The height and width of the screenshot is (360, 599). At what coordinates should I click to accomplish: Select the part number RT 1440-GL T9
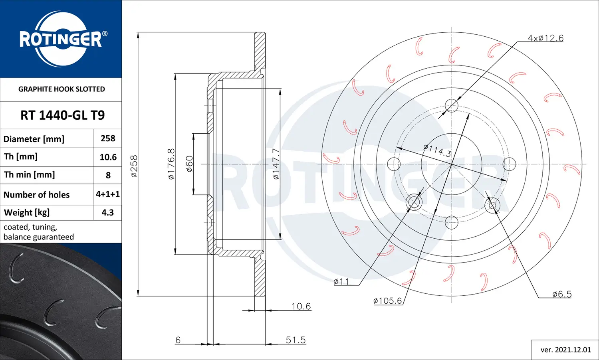(62, 115)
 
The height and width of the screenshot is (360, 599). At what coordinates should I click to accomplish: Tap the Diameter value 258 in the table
(108, 138)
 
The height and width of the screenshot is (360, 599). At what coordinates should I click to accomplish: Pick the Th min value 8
(108, 175)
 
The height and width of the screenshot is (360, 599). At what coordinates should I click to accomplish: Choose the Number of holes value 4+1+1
(108, 194)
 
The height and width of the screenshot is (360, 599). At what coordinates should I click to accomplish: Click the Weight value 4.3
(108, 213)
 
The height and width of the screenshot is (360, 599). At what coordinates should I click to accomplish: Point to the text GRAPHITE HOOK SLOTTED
(61, 89)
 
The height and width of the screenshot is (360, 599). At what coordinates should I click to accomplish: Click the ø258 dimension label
(134, 166)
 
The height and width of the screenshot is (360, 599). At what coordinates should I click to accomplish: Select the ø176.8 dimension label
(171, 164)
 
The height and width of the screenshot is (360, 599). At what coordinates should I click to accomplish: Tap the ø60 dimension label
(189, 164)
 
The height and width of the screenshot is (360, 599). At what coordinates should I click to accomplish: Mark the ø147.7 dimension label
(276, 164)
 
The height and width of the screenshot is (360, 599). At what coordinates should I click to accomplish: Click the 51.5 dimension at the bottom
(296, 340)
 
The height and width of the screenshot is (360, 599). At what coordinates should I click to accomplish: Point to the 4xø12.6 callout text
(545, 38)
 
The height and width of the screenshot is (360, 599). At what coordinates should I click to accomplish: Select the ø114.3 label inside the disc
(437, 150)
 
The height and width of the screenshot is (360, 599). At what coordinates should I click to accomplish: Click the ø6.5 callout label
(562, 294)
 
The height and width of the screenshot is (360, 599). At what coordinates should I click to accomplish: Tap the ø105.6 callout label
(387, 301)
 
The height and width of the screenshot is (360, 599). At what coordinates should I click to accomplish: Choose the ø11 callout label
(341, 282)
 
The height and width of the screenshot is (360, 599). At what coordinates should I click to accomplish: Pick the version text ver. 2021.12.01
(565, 350)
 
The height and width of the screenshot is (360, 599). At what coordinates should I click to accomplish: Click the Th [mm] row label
(21, 156)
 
